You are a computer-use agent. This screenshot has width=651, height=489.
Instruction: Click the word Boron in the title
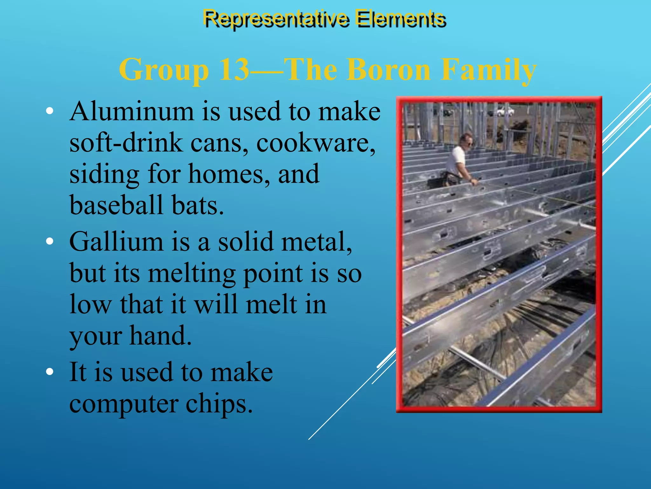(388, 69)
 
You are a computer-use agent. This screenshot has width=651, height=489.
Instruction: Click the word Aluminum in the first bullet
(132, 111)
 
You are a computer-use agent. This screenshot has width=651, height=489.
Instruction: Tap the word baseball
(116, 205)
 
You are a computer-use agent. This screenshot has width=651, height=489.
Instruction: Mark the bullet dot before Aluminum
(49, 111)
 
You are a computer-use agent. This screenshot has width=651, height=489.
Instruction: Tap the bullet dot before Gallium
(49, 241)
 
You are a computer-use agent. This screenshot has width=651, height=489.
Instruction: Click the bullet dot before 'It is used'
(49, 372)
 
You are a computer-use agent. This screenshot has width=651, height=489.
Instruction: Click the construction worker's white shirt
(455, 159)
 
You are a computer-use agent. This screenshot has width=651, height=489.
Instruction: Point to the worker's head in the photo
(467, 139)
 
